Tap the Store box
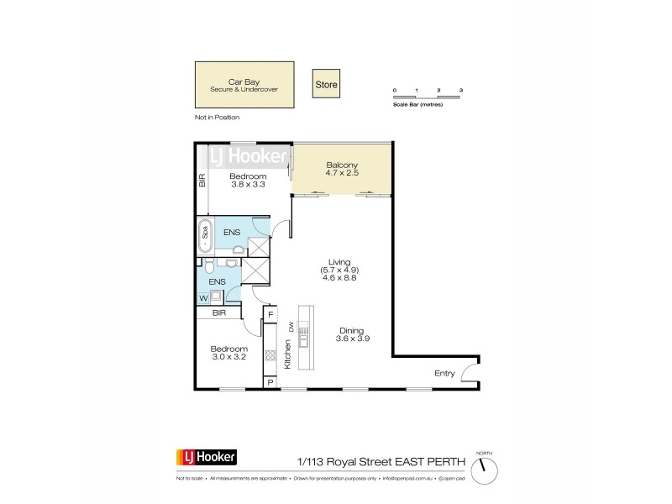[326, 84]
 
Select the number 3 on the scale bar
[461, 89]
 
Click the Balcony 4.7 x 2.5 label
[343, 169]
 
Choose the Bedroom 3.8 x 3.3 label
[248, 180]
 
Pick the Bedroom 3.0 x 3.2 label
[228, 353]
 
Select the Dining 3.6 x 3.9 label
[354, 334]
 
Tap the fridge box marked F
[270, 316]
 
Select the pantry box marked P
[270, 382]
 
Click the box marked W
[202, 297]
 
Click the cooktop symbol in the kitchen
[270, 355]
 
